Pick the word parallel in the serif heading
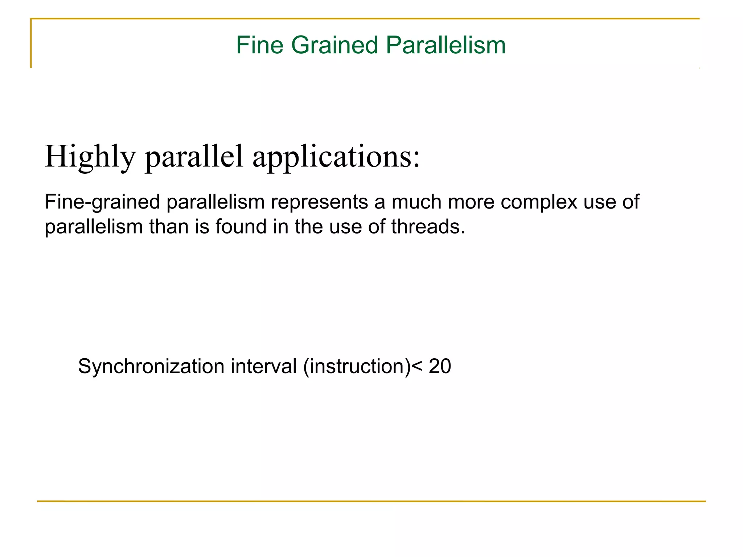pyautogui.click(x=194, y=157)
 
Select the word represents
pyautogui.click(x=319, y=202)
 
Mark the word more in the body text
pyautogui.click(x=471, y=202)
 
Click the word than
pyautogui.click(x=169, y=227)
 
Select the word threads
pyautogui.click(x=428, y=227)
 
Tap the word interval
pyautogui.click(x=264, y=366)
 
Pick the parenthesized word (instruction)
pyautogui.click(x=357, y=366)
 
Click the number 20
pyautogui.click(x=440, y=366)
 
